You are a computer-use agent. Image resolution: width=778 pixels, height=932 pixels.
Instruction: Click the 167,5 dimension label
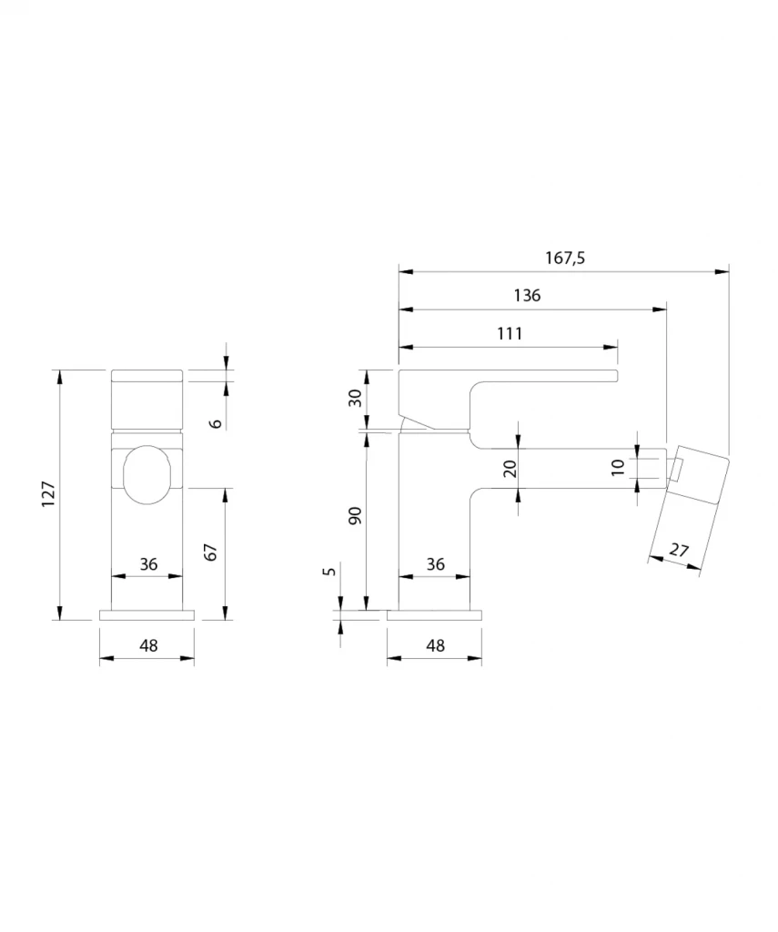click(x=565, y=258)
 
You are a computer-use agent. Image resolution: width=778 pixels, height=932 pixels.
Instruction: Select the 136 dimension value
click(x=527, y=296)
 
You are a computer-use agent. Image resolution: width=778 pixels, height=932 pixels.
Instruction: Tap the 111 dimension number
click(x=510, y=333)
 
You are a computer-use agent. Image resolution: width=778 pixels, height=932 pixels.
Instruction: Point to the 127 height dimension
click(x=48, y=494)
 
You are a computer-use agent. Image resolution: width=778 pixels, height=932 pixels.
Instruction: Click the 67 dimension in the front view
click(x=211, y=552)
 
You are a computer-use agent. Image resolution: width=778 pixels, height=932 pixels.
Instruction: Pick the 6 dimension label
click(x=216, y=423)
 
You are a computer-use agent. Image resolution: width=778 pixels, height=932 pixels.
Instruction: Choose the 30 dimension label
click(x=355, y=398)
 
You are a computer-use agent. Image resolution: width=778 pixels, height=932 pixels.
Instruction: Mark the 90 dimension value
click(x=355, y=515)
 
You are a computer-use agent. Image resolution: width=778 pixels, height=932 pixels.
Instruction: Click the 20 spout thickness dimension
click(x=510, y=469)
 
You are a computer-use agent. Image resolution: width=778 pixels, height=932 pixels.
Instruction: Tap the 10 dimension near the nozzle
click(x=618, y=467)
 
